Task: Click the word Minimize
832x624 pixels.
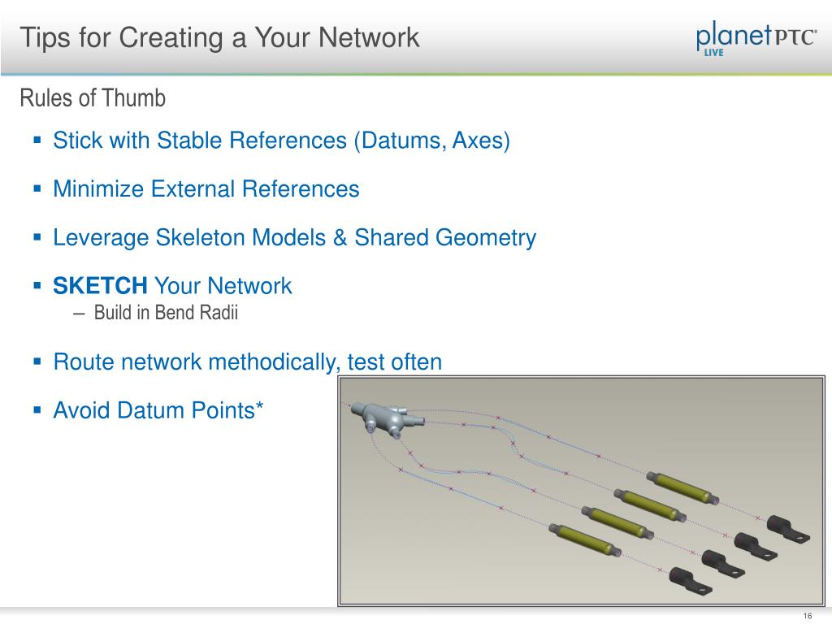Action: tap(97, 189)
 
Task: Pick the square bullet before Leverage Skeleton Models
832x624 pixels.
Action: tap(37, 237)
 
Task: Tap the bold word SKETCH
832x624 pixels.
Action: tap(100, 286)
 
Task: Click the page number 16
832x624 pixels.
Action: tap(807, 614)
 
